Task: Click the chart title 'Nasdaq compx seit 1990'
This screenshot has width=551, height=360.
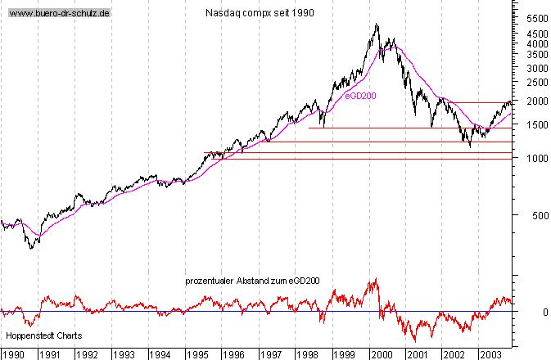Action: (260, 13)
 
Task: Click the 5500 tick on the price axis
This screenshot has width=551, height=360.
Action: (537, 18)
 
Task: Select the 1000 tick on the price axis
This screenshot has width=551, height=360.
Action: (537, 158)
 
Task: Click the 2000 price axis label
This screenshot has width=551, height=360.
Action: (537, 101)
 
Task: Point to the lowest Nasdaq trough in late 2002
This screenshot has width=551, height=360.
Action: (470, 146)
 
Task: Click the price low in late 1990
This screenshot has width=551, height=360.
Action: (32, 248)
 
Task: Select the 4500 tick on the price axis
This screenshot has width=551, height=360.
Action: (537, 34)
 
